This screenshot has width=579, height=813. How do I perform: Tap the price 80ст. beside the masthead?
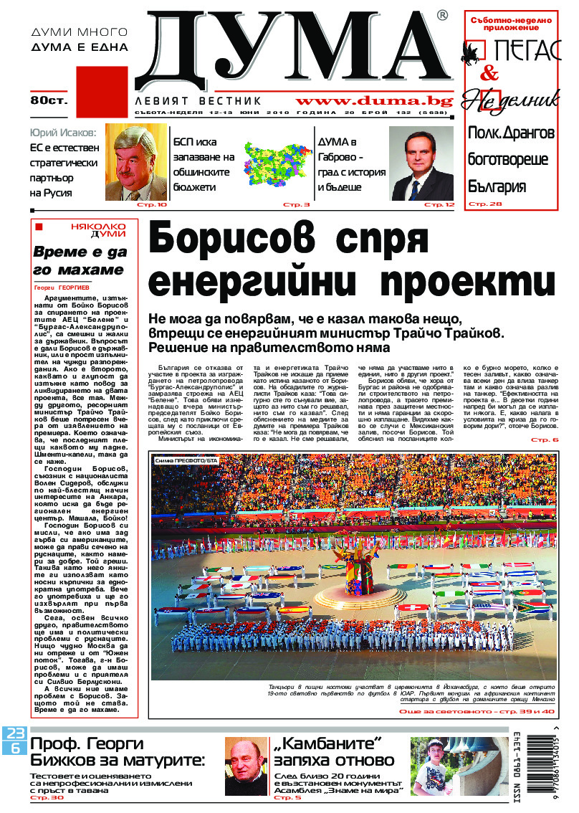point(48,100)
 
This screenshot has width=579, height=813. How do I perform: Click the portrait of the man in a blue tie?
point(421,163)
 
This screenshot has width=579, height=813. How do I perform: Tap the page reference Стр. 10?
point(150,205)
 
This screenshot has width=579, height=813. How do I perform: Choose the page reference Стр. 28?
point(486,204)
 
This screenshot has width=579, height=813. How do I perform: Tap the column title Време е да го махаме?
point(79,261)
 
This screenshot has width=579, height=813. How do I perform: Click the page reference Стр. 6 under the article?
point(545,439)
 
